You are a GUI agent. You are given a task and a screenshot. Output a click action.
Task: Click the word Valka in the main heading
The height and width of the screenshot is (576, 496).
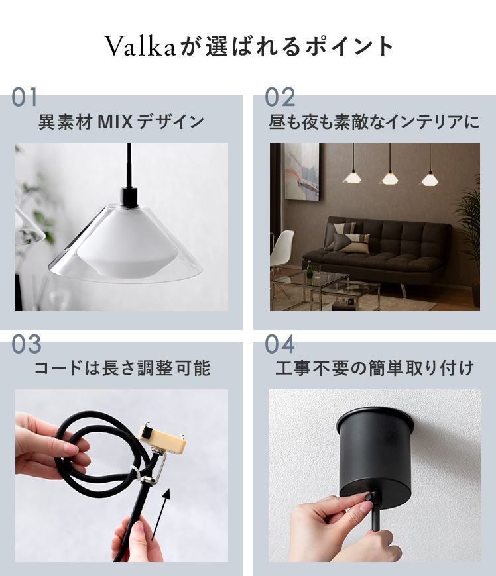coord(141,46)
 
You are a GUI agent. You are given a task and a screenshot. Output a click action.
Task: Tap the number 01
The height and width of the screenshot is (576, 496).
coord(25,97)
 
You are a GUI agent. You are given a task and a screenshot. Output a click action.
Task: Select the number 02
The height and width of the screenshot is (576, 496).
coord(280,97)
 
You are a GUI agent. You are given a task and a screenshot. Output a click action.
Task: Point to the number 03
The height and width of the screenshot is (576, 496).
coord(26,344)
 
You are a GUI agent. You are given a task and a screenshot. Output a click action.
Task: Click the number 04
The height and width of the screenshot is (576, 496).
coord(280,344)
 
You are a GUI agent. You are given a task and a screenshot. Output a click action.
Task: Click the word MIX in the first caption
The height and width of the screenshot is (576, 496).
coord(115,122)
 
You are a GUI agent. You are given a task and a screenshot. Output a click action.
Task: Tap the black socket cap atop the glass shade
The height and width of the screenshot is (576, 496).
coord(129,197)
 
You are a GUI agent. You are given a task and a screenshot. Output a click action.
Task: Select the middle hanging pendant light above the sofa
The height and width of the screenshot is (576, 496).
coord(390,178)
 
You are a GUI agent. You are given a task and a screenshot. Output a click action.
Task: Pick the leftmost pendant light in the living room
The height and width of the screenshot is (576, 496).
coord(353,177)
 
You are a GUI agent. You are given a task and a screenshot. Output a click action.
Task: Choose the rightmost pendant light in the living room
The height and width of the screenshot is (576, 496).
coord(430,179)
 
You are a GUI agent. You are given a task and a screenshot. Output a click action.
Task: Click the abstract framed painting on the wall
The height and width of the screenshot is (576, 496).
coord(302,171)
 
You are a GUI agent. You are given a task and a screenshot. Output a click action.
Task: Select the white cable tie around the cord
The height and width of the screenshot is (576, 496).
coord(135,473)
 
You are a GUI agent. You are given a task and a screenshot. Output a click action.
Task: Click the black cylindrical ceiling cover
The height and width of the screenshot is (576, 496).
coord(375,453)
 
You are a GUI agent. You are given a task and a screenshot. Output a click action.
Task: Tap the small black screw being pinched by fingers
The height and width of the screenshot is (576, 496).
coord(369,495)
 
